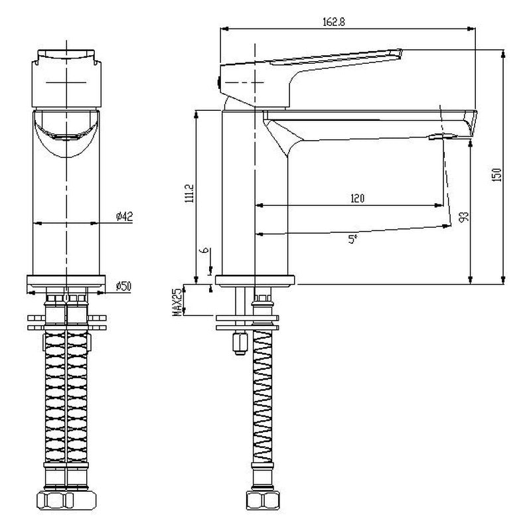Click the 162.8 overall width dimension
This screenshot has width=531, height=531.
[x=334, y=23]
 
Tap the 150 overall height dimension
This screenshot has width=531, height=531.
[x=496, y=175]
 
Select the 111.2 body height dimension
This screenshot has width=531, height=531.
[x=189, y=194]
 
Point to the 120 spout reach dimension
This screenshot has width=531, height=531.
[x=357, y=198]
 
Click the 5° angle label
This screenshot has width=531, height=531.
[x=352, y=240]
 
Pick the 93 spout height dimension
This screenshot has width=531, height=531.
[x=463, y=217]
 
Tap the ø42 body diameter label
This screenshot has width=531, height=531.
[x=124, y=216]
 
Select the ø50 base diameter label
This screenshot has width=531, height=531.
[x=123, y=287]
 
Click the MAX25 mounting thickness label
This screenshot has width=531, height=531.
[x=177, y=303]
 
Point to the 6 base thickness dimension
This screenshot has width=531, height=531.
[x=204, y=250]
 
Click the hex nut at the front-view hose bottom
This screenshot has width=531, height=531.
[x=66, y=500]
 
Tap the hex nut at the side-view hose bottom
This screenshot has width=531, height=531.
[x=262, y=500]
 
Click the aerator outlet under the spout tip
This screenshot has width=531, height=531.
[x=443, y=137]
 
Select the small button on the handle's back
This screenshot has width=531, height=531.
[x=219, y=82]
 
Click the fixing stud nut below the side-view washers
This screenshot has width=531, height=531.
[x=240, y=344]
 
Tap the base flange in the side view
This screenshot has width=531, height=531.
[x=255, y=281]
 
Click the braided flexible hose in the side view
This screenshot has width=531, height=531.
[x=262, y=396]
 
